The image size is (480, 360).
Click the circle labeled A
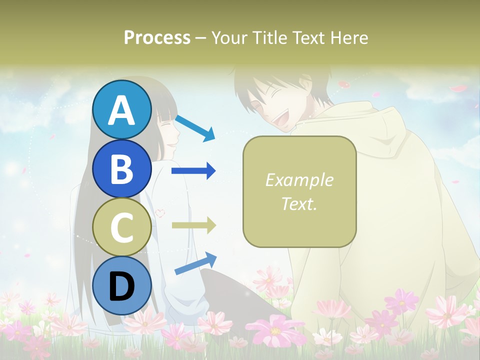122,109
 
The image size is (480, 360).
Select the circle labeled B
122,168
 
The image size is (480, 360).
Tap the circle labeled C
122,227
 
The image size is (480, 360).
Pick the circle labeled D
122,286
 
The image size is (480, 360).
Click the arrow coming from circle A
195,128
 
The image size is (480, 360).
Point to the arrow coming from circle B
193,171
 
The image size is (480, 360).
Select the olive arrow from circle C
193,225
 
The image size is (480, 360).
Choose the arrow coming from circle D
195,263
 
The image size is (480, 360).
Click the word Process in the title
157,37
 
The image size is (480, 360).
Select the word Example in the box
299,180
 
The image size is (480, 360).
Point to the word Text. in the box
299,203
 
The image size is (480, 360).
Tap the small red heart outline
159,212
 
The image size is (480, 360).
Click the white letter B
122,168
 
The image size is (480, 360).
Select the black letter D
122,286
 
